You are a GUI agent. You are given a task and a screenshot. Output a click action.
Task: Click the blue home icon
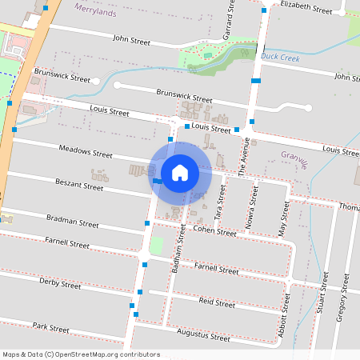click(x=180, y=172)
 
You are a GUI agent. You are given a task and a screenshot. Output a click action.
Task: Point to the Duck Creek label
click(x=278, y=57)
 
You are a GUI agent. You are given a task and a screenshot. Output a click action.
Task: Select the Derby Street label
click(x=60, y=282)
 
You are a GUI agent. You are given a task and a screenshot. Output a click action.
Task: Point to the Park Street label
click(x=52, y=326)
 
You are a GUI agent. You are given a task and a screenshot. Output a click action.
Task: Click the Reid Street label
click(x=217, y=302)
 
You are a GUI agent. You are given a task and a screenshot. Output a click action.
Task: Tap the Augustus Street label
click(x=203, y=337)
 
